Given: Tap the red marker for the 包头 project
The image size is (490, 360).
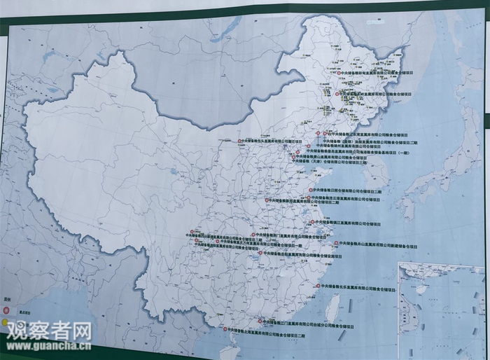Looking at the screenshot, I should pos(239,141).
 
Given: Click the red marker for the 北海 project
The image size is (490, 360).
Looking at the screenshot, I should pos(225,329).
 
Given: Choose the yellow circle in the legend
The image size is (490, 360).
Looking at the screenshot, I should pos(4,323).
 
